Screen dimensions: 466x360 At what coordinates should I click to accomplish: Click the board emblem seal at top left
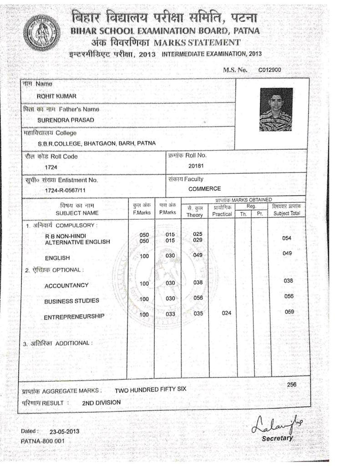[x=41, y=32]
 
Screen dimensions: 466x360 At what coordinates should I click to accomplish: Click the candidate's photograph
[x=276, y=109]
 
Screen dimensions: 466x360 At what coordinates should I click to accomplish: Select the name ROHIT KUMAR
[x=56, y=96]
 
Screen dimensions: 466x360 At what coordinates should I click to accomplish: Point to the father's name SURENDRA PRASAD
[x=66, y=120]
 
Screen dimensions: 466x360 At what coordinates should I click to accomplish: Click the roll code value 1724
[x=51, y=167]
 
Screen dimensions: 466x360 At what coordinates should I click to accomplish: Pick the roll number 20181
[x=196, y=166]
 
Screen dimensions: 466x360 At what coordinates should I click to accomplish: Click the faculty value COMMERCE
[x=205, y=189]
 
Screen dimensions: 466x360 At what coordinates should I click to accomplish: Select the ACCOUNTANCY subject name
[x=66, y=286]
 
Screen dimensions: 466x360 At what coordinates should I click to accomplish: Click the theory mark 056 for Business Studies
[x=198, y=298]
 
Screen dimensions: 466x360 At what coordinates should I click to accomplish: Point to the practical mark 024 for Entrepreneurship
[x=226, y=313]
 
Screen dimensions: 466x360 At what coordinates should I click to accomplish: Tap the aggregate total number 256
[x=292, y=385]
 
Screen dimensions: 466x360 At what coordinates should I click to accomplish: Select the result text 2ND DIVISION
[x=101, y=403]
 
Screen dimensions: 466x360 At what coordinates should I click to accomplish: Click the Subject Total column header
[x=287, y=213]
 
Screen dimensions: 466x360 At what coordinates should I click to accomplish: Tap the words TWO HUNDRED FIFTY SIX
[x=150, y=390]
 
